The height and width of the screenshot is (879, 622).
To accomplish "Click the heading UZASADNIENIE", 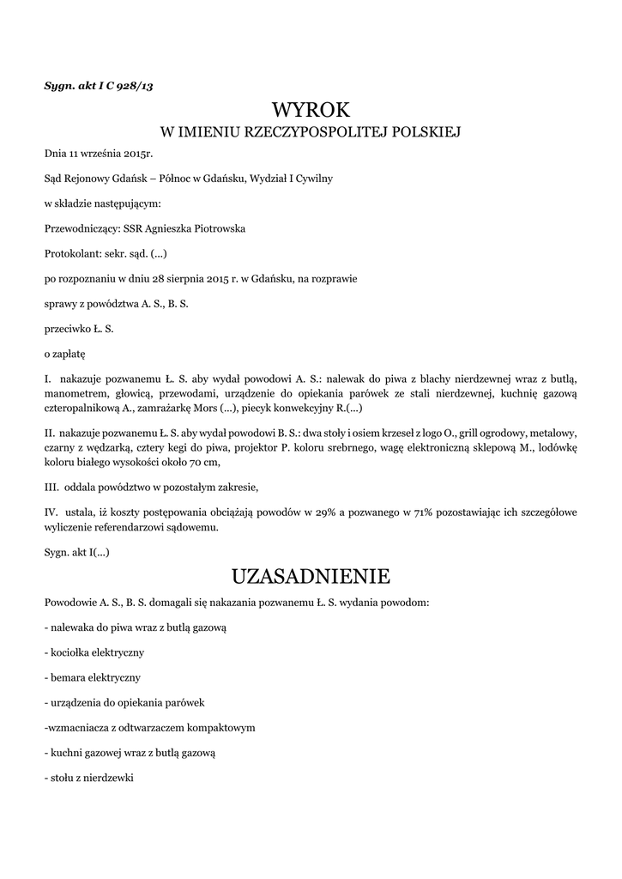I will [x=311, y=574].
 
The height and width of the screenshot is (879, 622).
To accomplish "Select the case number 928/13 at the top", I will [x=136, y=85].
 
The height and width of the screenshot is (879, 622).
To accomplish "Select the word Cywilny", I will [x=311, y=179].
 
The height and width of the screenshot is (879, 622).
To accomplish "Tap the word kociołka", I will [x=73, y=652].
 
